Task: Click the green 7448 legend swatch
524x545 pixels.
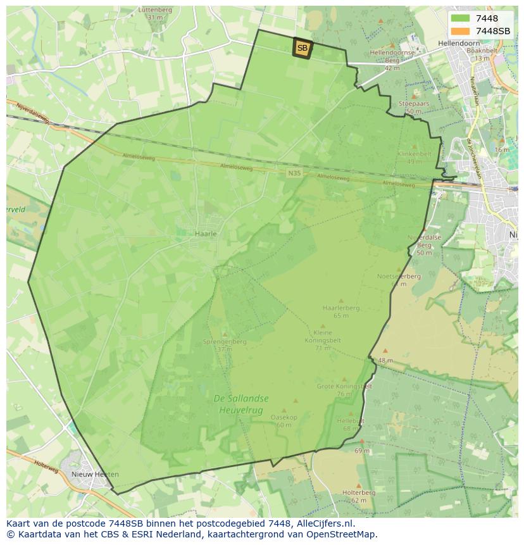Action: (460, 18)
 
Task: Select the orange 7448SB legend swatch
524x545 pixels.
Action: (460, 31)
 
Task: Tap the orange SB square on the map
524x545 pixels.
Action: (303, 48)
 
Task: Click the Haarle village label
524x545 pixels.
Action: (206, 234)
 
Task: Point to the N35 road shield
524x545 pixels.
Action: (294, 173)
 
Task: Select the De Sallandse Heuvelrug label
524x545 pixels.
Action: (240, 403)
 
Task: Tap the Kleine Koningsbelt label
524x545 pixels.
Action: (323, 336)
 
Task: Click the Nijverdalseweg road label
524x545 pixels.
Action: (33, 113)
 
